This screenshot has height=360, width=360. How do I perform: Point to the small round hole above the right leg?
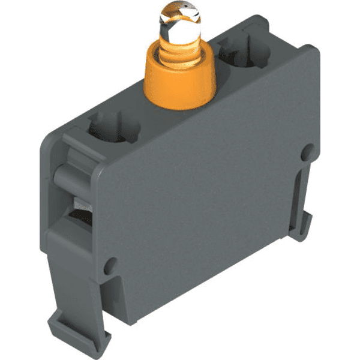[307, 150]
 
